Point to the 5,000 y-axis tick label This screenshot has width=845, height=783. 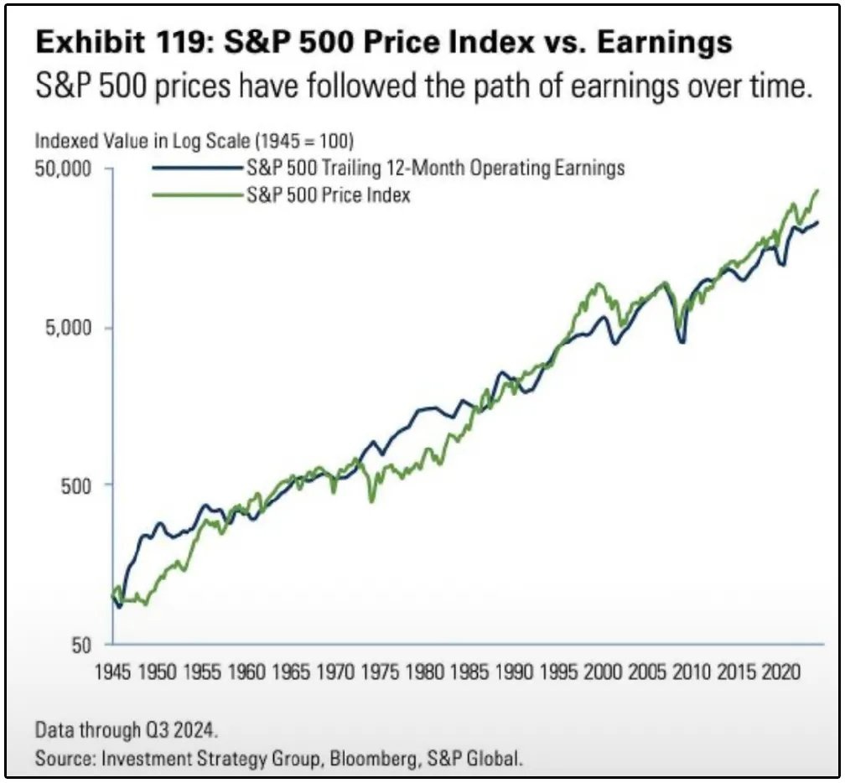(66, 327)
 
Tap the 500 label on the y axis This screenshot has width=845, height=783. (73, 485)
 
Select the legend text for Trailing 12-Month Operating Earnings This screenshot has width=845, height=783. (435, 168)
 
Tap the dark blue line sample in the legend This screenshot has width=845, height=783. (198, 168)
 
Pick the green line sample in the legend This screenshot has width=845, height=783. (198, 195)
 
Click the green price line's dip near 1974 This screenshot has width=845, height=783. (372, 500)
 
